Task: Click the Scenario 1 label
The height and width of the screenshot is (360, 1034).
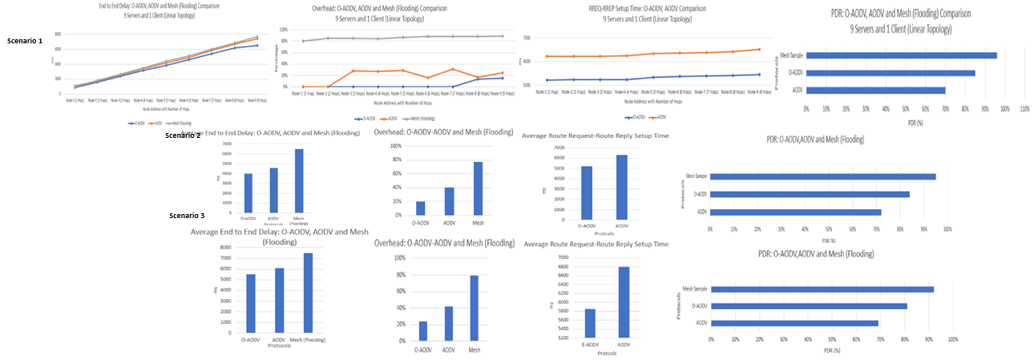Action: [x=25, y=40]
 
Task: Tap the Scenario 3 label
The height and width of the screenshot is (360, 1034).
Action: [x=187, y=216]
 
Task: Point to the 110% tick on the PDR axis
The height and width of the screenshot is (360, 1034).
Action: [x=1024, y=108]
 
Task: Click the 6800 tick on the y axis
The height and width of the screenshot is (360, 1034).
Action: [x=563, y=267]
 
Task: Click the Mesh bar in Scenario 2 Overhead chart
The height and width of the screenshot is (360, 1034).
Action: [x=478, y=188]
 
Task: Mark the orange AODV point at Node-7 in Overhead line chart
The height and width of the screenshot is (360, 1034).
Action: [x=453, y=69]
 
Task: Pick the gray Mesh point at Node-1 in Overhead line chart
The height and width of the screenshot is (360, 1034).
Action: [x=303, y=41]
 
